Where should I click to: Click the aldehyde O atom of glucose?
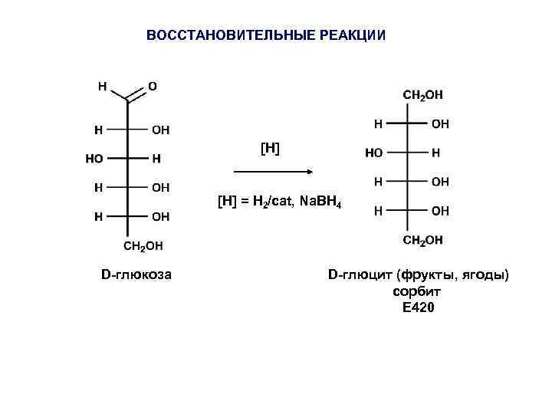click(152, 87)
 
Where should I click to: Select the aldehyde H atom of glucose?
click(100, 87)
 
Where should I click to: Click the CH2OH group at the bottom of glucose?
click(143, 246)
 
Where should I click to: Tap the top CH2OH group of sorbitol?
click(422, 95)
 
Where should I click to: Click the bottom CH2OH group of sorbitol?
click(422, 241)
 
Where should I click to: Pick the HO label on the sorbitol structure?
click(374, 153)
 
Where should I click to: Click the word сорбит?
click(418, 292)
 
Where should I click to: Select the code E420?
click(418, 308)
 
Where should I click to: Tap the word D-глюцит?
click(355, 274)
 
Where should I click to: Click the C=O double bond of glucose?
click(136, 96)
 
